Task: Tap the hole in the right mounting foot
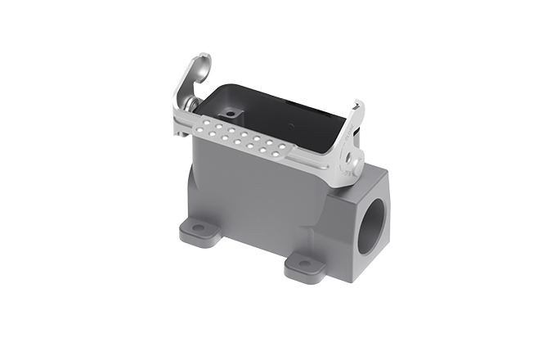point(304,263)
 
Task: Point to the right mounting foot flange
point(303,264)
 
